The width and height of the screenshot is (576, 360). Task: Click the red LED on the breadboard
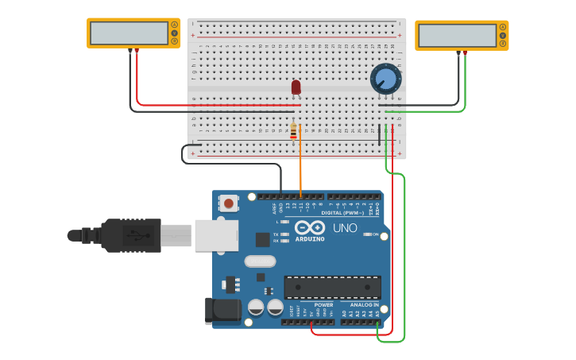(296, 87)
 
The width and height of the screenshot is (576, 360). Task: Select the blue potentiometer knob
(385, 78)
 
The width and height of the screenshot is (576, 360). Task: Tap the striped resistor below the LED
(293, 132)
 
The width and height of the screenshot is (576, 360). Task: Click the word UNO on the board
(344, 228)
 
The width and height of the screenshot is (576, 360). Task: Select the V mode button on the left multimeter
(173, 33)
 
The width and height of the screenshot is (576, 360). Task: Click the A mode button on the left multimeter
(173, 25)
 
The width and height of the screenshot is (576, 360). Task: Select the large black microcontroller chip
(332, 287)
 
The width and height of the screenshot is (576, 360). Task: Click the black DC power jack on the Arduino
(223, 311)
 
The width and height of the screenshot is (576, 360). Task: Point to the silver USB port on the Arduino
(215, 235)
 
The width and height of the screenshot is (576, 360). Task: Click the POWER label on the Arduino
(323, 305)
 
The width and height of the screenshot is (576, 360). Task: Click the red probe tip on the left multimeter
(137, 52)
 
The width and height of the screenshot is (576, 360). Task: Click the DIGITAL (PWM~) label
(342, 213)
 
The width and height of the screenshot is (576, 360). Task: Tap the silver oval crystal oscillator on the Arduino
(259, 261)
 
